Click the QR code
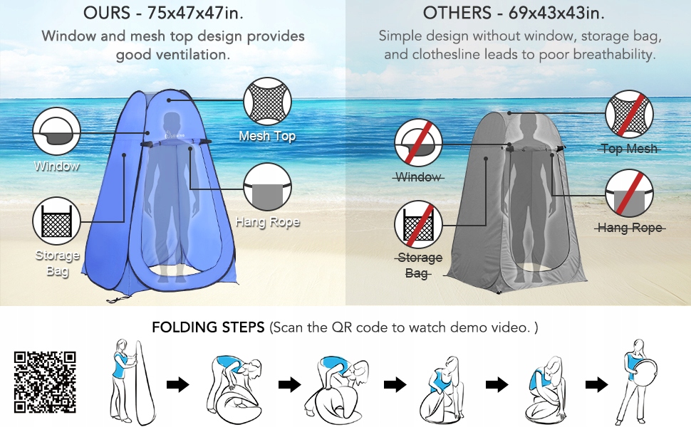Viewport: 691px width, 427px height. click(x=45, y=381)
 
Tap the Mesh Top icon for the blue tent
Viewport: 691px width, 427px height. click(x=268, y=102)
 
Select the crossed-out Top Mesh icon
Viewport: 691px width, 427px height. click(x=629, y=114)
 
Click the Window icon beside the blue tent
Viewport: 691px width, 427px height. click(x=56, y=131)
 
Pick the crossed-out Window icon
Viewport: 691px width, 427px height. click(x=418, y=142)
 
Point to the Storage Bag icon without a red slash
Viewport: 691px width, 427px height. click(x=56, y=221)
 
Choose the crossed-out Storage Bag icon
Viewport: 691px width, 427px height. click(x=418, y=225)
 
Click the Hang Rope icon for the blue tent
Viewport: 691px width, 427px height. click(x=268, y=187)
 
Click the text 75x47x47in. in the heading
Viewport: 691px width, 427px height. click(x=194, y=13)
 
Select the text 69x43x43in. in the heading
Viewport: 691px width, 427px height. click(x=556, y=13)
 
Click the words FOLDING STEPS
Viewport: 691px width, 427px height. click(x=208, y=327)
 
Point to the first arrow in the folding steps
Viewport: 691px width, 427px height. click(x=177, y=385)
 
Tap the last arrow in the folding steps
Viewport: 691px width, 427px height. click(x=597, y=385)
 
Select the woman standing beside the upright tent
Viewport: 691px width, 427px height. click(x=122, y=381)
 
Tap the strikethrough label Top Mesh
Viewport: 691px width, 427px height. click(x=629, y=149)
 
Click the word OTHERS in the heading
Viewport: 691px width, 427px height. click(x=457, y=13)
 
